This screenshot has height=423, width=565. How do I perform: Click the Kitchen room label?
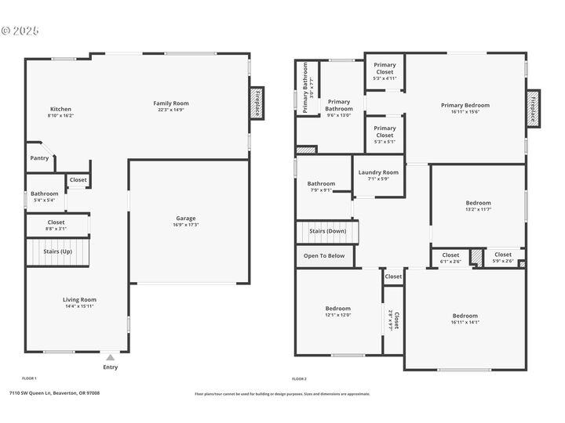(60, 109)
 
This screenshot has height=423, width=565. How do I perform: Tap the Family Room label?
(170, 103)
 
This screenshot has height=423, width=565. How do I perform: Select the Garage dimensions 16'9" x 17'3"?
(186, 226)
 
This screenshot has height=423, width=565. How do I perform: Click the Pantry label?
(39, 158)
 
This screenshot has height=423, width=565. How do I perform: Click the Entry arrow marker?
(111, 357)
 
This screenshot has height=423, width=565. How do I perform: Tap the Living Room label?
(79, 299)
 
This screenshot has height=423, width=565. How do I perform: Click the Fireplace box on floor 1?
(255, 103)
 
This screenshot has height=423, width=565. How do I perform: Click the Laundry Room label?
(378, 172)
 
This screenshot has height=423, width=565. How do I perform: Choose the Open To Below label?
(324, 255)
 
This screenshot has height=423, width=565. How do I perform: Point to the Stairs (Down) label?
(326, 231)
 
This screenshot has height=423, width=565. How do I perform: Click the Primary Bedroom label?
(465, 105)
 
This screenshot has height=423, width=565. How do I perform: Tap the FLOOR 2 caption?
(300, 378)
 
